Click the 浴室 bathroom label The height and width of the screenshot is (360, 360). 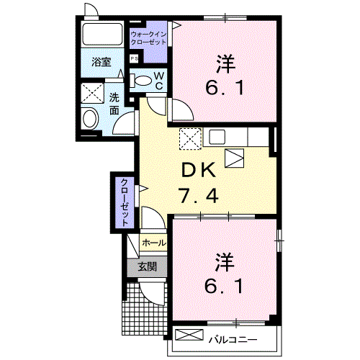(x=102, y=62)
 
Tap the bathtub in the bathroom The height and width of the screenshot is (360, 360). (x=102, y=34)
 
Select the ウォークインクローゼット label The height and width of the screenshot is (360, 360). (x=148, y=38)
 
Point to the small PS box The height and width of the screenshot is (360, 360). (x=134, y=58)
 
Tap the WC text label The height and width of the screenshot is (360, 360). (x=159, y=81)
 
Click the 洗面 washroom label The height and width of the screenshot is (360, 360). (x=114, y=104)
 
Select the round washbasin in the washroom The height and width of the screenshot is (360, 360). (x=90, y=118)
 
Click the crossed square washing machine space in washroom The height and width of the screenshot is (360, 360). (x=92, y=93)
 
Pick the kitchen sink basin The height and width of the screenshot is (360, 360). (x=217, y=137)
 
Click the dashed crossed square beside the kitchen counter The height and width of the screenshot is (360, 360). (x=190, y=139)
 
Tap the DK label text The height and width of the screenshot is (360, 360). (x=198, y=170)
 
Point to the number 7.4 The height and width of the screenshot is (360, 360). (x=198, y=196)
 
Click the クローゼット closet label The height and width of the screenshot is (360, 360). (x=125, y=202)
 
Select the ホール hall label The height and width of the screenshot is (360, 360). (x=154, y=243)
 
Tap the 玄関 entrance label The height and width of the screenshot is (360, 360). (x=147, y=266)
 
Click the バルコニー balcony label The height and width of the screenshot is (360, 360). (x=233, y=340)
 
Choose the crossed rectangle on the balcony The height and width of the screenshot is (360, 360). (x=189, y=335)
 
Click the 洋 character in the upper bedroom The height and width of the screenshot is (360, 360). (x=225, y=64)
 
